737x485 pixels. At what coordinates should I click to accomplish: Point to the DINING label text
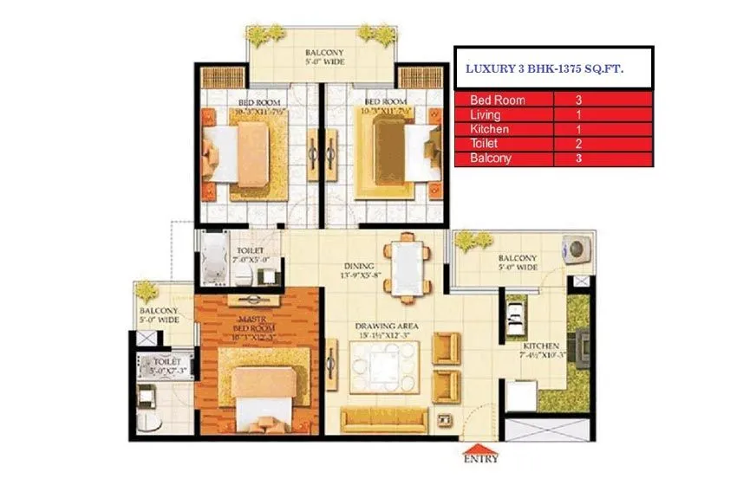tap(357, 266)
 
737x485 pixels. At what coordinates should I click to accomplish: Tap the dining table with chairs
tap(406, 266)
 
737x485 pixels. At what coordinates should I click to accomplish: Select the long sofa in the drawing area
tap(384, 421)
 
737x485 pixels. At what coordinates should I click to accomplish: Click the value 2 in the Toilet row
tap(577, 144)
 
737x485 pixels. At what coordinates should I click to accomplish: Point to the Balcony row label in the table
tap(491, 158)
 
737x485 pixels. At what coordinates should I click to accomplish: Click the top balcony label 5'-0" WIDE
tap(324, 62)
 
